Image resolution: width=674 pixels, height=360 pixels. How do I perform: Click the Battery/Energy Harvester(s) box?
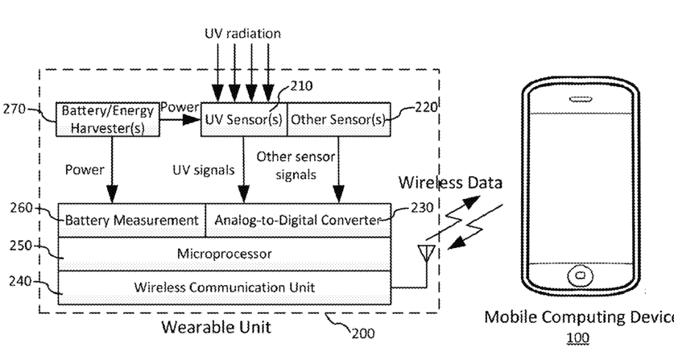pos(108,119)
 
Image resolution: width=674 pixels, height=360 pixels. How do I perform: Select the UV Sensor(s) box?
pos(244,119)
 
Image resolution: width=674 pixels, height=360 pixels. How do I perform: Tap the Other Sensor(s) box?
pos(339,119)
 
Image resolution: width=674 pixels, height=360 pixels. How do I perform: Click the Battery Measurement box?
pos(131,220)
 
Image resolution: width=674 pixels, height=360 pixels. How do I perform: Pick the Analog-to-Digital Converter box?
pos(298,220)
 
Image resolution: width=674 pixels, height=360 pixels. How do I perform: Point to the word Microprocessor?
pos(225,254)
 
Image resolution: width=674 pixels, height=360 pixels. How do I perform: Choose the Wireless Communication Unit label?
pos(225,287)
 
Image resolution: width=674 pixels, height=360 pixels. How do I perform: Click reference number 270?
pos(14,109)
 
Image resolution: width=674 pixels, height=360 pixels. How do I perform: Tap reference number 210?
pos(301,86)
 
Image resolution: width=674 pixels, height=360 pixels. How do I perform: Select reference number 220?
pos(425,106)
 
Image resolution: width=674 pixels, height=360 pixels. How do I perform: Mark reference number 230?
pos(422,208)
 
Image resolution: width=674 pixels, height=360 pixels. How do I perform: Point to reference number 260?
pos(22,208)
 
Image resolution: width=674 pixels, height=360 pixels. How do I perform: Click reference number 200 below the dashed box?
pos(363,333)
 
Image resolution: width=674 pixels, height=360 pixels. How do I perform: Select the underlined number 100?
pos(577,338)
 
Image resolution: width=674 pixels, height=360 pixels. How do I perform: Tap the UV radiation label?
pos(242,34)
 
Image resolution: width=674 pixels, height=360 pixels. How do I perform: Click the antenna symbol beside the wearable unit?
pos(427,254)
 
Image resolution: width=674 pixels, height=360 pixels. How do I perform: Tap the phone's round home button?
pos(581,275)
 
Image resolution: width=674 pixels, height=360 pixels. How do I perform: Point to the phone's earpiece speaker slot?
pos(581,99)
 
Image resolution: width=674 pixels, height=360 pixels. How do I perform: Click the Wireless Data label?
pos(450,183)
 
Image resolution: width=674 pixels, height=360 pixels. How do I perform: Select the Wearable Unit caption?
pos(217,327)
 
